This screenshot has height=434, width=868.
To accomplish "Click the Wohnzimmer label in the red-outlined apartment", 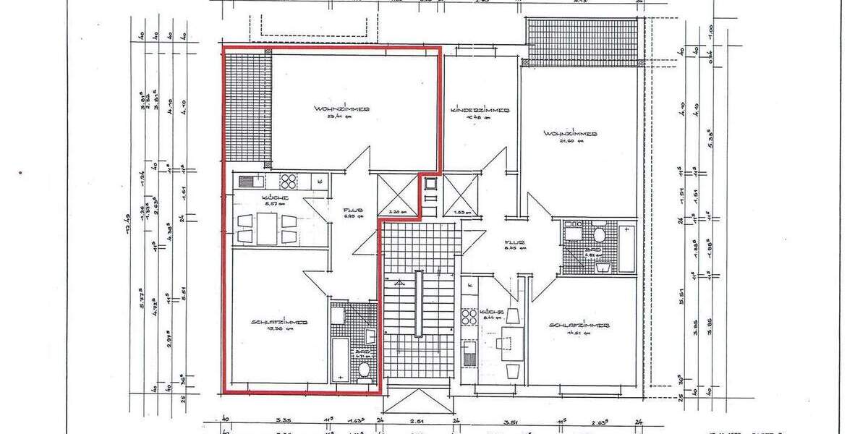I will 342,109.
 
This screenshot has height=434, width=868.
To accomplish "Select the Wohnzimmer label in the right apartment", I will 571,134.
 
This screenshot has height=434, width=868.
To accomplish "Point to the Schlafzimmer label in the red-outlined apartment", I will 280,322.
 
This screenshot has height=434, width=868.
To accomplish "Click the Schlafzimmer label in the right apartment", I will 579,325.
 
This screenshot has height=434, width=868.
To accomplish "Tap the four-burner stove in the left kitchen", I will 289,181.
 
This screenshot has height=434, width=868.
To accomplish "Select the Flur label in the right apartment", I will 515,243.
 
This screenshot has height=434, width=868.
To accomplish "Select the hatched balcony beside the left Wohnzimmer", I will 247,109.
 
